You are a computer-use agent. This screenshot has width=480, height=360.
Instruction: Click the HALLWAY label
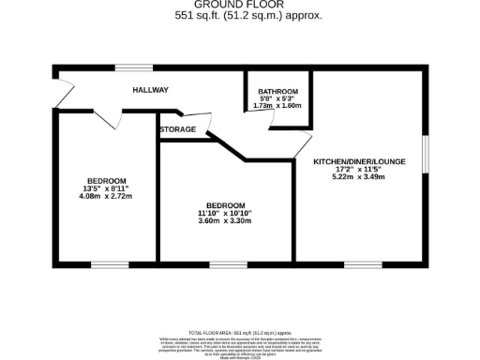[150, 90]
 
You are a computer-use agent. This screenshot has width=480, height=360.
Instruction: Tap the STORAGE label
[177, 129]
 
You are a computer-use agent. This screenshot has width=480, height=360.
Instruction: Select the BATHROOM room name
[277, 91]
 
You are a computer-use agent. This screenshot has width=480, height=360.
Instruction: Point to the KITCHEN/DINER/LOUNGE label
[360, 161]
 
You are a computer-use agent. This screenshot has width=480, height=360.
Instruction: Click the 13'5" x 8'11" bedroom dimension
[105, 188]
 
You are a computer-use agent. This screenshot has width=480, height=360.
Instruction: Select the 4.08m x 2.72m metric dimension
[105, 197]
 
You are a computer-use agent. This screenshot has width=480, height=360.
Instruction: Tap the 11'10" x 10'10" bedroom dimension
[226, 213]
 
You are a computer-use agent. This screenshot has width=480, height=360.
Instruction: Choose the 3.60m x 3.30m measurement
[226, 221]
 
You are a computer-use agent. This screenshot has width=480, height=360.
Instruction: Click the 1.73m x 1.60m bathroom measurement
[277, 106]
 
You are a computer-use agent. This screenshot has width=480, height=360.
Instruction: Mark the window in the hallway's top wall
[128, 67]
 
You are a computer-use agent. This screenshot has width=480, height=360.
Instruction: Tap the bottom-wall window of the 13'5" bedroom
[104, 263]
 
